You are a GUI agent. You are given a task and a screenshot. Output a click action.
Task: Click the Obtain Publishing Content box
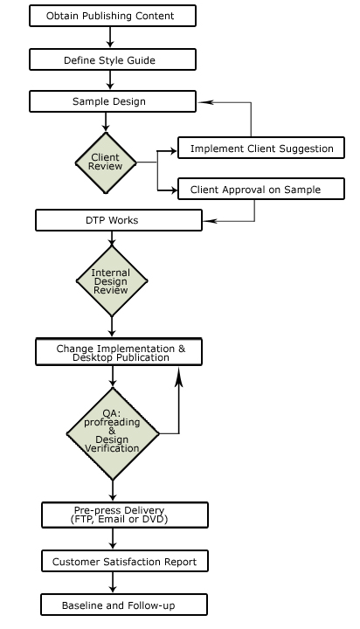[x=113, y=16]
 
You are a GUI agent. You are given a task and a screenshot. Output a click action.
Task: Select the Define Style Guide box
[x=113, y=59]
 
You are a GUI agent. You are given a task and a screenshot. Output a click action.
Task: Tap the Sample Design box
[x=113, y=101]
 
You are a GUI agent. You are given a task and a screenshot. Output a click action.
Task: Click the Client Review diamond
[x=106, y=162]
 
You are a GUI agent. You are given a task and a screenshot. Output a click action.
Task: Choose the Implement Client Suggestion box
[x=261, y=148]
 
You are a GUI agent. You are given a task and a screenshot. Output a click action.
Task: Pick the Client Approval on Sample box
[x=261, y=189]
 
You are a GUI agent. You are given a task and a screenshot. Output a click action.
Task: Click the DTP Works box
[x=119, y=220]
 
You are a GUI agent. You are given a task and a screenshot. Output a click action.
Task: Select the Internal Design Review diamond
[x=112, y=280]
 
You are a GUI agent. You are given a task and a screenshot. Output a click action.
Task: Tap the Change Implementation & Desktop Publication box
[x=119, y=352]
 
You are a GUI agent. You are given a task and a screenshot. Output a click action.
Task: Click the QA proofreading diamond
[x=113, y=433]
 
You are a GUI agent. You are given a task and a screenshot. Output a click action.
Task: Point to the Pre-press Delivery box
[x=125, y=515]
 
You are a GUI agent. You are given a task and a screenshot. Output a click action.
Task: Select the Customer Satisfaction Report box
[x=125, y=561]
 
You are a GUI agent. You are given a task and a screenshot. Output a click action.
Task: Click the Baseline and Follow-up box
[x=124, y=605]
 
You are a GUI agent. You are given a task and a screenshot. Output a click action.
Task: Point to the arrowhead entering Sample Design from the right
[x=203, y=102]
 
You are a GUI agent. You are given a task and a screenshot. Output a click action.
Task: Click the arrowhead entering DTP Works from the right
[x=210, y=221]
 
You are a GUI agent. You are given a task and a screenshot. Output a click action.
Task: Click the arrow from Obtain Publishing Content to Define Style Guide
[x=110, y=38]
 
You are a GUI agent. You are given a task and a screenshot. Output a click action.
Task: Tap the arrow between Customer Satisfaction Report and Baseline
[x=113, y=583]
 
